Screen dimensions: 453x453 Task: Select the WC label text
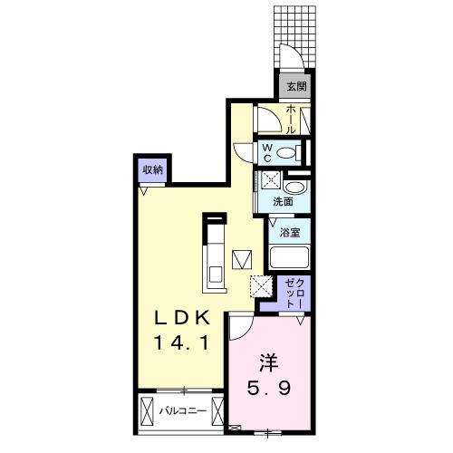(x=268, y=152)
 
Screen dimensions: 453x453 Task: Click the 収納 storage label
(x=152, y=169)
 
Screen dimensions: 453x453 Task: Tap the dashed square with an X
(x=260, y=286)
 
